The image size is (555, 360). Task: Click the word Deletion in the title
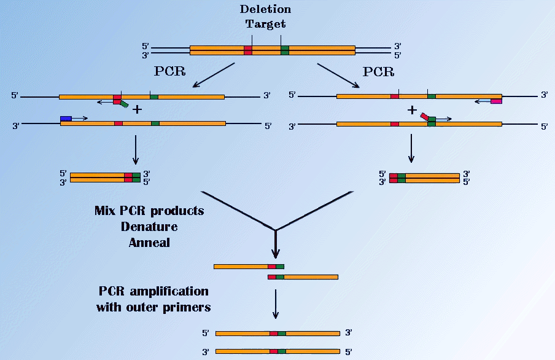[x=265, y=10]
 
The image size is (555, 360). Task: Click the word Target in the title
[x=265, y=25]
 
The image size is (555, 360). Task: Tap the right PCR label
[x=379, y=71]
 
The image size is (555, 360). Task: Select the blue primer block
[x=66, y=117]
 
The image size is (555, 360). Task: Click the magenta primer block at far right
[x=496, y=101]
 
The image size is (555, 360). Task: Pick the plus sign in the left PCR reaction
[x=138, y=110]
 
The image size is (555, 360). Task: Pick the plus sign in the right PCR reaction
[x=412, y=110]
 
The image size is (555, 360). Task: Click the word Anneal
[x=149, y=241]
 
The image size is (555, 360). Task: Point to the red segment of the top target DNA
[x=248, y=50]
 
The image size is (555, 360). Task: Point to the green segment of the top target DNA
[x=285, y=50]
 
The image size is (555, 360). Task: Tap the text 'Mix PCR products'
[x=149, y=211]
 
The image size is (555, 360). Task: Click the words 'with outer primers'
[x=153, y=306]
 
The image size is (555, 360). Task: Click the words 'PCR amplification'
[x=153, y=291]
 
